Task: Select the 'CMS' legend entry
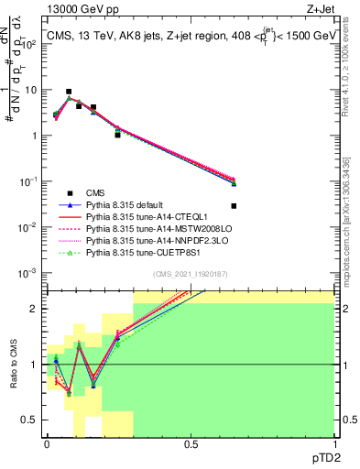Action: (95, 191)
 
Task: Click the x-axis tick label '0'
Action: (47, 443)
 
